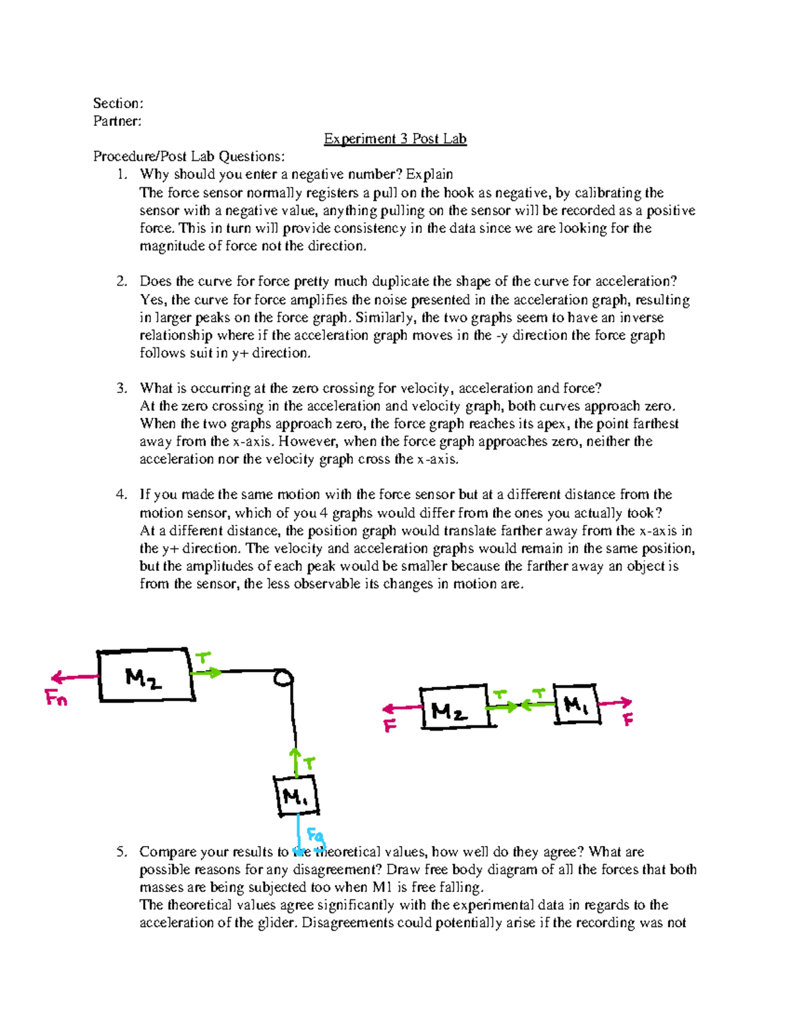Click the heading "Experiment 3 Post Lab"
(395, 139)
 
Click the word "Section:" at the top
(118, 104)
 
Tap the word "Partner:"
(117, 121)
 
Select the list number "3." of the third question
(121, 388)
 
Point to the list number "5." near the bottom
(121, 852)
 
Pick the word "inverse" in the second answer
(641, 318)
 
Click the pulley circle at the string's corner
(284, 678)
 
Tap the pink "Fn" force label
(57, 698)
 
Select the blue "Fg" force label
(316, 837)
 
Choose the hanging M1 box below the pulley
(296, 795)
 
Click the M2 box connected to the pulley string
(146, 676)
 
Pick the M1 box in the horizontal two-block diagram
(577, 705)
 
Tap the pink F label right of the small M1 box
(628, 720)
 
